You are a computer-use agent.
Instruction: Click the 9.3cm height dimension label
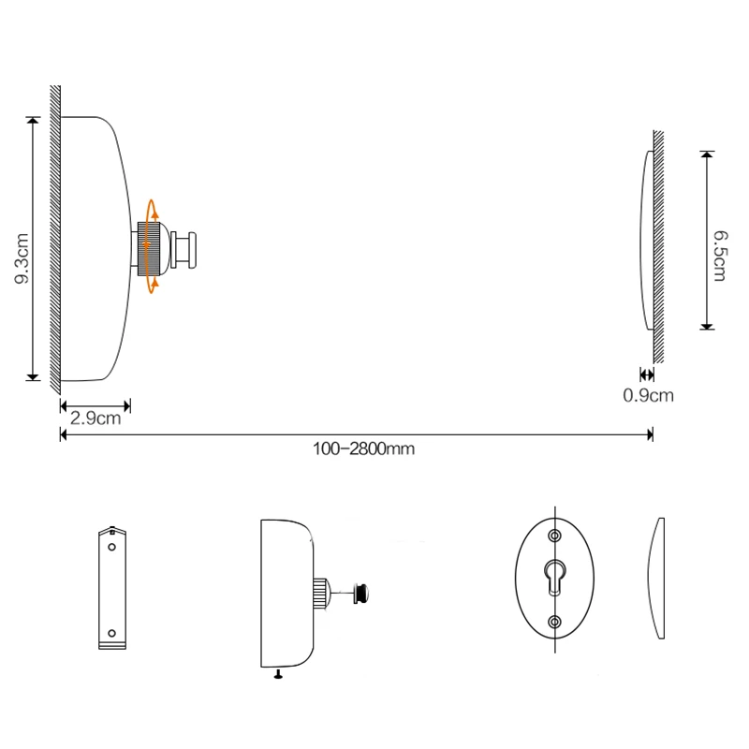click(22, 258)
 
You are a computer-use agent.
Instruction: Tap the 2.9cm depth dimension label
click(95, 419)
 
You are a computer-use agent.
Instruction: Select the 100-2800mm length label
click(363, 449)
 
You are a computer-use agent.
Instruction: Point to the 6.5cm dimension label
click(720, 256)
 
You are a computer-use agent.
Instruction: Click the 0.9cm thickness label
click(648, 395)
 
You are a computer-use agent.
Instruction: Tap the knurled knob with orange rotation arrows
click(149, 249)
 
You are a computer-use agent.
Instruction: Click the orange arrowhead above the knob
click(154, 214)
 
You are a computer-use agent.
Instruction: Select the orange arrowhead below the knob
click(154, 284)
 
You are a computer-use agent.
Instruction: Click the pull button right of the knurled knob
click(184, 250)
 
